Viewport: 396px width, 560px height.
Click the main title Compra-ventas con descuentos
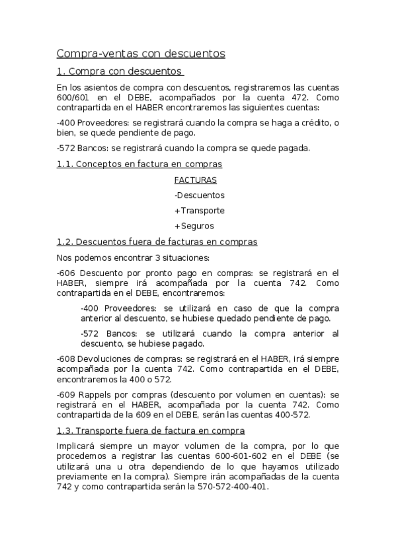(141, 53)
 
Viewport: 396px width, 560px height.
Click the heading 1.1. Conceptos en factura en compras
(139, 164)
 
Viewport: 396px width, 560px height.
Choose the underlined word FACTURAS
(196, 180)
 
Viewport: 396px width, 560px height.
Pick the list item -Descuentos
(200, 195)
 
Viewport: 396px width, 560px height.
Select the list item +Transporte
(200, 211)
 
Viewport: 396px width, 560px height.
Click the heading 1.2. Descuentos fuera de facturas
(157, 242)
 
